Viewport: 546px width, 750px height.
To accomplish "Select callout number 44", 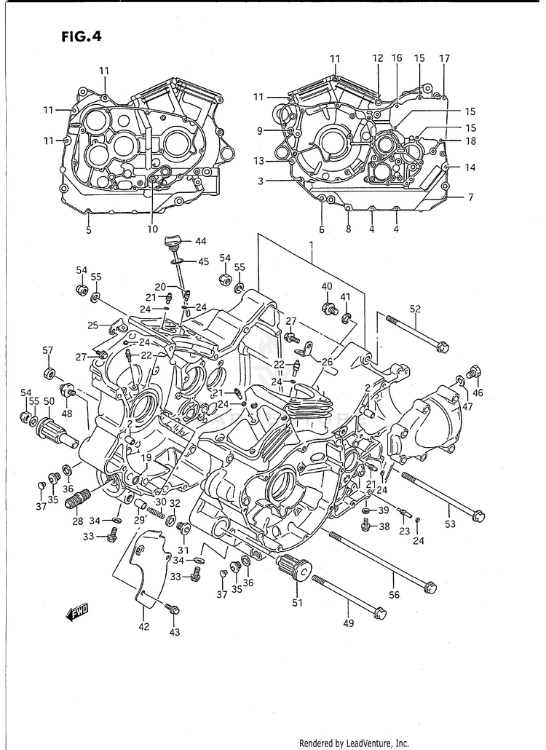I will [x=200, y=242].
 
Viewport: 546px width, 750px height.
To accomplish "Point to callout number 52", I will [x=415, y=309].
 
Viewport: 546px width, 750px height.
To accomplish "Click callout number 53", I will [x=451, y=524].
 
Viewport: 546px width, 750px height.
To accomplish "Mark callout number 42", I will [x=144, y=626].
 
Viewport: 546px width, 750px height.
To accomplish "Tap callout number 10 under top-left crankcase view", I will [x=152, y=230].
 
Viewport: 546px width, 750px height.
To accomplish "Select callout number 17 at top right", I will [x=444, y=58].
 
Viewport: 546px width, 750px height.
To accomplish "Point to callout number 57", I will [x=48, y=351].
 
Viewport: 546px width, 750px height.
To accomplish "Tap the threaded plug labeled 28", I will [x=77, y=500].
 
